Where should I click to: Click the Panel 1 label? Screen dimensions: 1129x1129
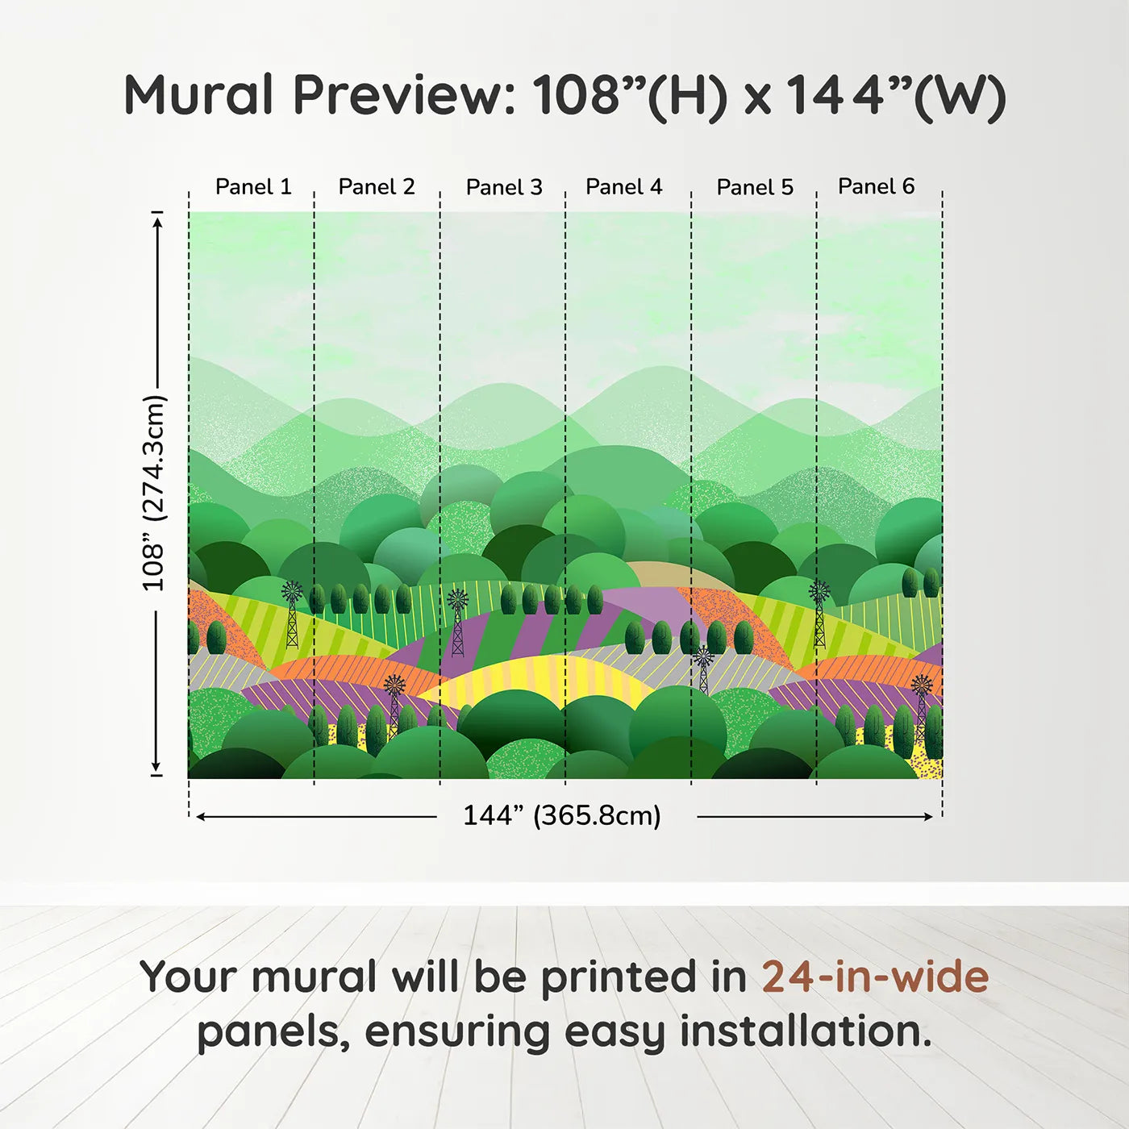tap(253, 186)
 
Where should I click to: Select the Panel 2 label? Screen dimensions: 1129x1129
tap(377, 186)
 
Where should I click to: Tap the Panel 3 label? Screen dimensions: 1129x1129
tap(504, 187)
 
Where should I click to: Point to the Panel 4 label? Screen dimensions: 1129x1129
tap(624, 186)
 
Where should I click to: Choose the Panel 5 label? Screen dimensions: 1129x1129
tap(755, 187)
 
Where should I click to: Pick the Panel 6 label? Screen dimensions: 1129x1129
tap(876, 185)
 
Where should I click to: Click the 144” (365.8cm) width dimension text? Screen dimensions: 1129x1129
tap(562, 815)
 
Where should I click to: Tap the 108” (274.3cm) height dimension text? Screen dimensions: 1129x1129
tap(155, 493)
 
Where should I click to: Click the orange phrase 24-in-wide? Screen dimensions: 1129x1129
tap(875, 977)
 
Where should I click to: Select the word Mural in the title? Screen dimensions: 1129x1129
tap(198, 94)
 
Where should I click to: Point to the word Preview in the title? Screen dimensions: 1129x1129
tap(404, 94)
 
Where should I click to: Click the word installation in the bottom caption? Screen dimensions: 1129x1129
tap(806, 1031)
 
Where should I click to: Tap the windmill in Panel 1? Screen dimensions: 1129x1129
tap(292, 614)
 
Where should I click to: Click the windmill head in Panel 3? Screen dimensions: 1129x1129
tap(457, 599)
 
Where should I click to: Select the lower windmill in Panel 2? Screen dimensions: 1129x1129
tap(394, 706)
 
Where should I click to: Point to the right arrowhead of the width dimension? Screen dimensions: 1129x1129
tap(927, 816)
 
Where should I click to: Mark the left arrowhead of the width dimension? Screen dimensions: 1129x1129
tap(201, 816)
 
